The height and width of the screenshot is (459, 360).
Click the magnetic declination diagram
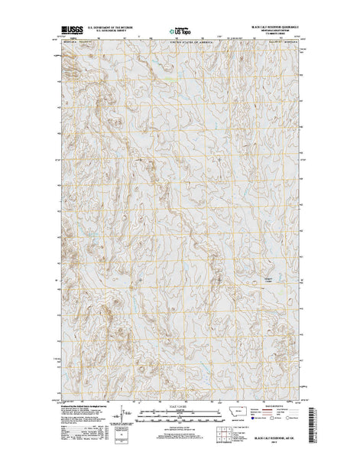[x=115, y=418]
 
